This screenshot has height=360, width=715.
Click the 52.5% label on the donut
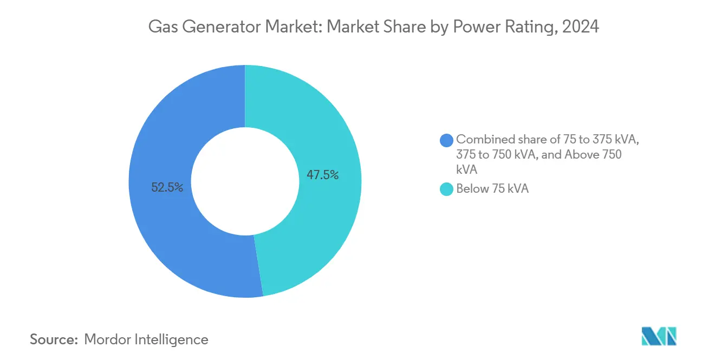click(x=167, y=188)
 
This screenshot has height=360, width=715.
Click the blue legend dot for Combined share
click(x=447, y=140)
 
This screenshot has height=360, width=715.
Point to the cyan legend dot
click(x=447, y=189)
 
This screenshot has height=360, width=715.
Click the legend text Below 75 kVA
click(x=492, y=189)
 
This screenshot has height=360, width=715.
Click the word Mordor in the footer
click(x=109, y=339)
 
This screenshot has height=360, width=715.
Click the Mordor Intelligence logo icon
click(x=659, y=336)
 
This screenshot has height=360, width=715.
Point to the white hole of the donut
click(x=245, y=181)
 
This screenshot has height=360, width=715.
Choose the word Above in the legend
click(x=583, y=155)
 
